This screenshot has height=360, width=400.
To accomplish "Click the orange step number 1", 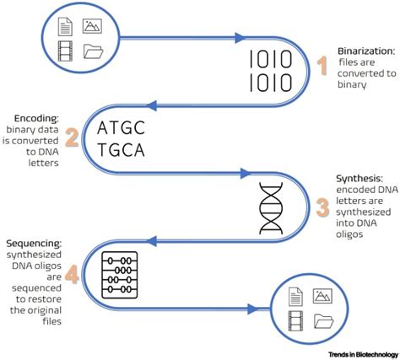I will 321,66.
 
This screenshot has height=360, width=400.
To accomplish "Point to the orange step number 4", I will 72,275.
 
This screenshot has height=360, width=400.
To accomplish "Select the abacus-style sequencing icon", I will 116,273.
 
